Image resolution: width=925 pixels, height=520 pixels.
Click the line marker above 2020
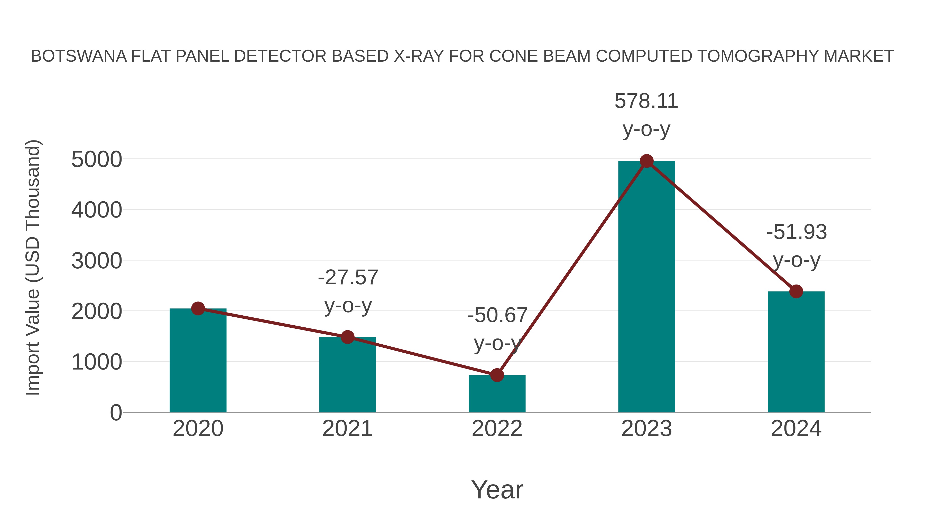198,308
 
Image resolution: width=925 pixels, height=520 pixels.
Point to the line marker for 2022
497,375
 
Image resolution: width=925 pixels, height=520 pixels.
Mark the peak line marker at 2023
646,161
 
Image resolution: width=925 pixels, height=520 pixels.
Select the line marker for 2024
796,291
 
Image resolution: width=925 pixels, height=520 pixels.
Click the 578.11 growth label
646,101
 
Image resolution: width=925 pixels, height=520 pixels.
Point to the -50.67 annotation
497,315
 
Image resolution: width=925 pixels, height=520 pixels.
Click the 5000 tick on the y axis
97,159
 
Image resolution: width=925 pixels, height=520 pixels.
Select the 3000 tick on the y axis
97,261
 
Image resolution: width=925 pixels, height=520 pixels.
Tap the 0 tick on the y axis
116,413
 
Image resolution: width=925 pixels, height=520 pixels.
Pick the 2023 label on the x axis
646,429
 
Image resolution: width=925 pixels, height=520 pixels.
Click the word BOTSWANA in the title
79,56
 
